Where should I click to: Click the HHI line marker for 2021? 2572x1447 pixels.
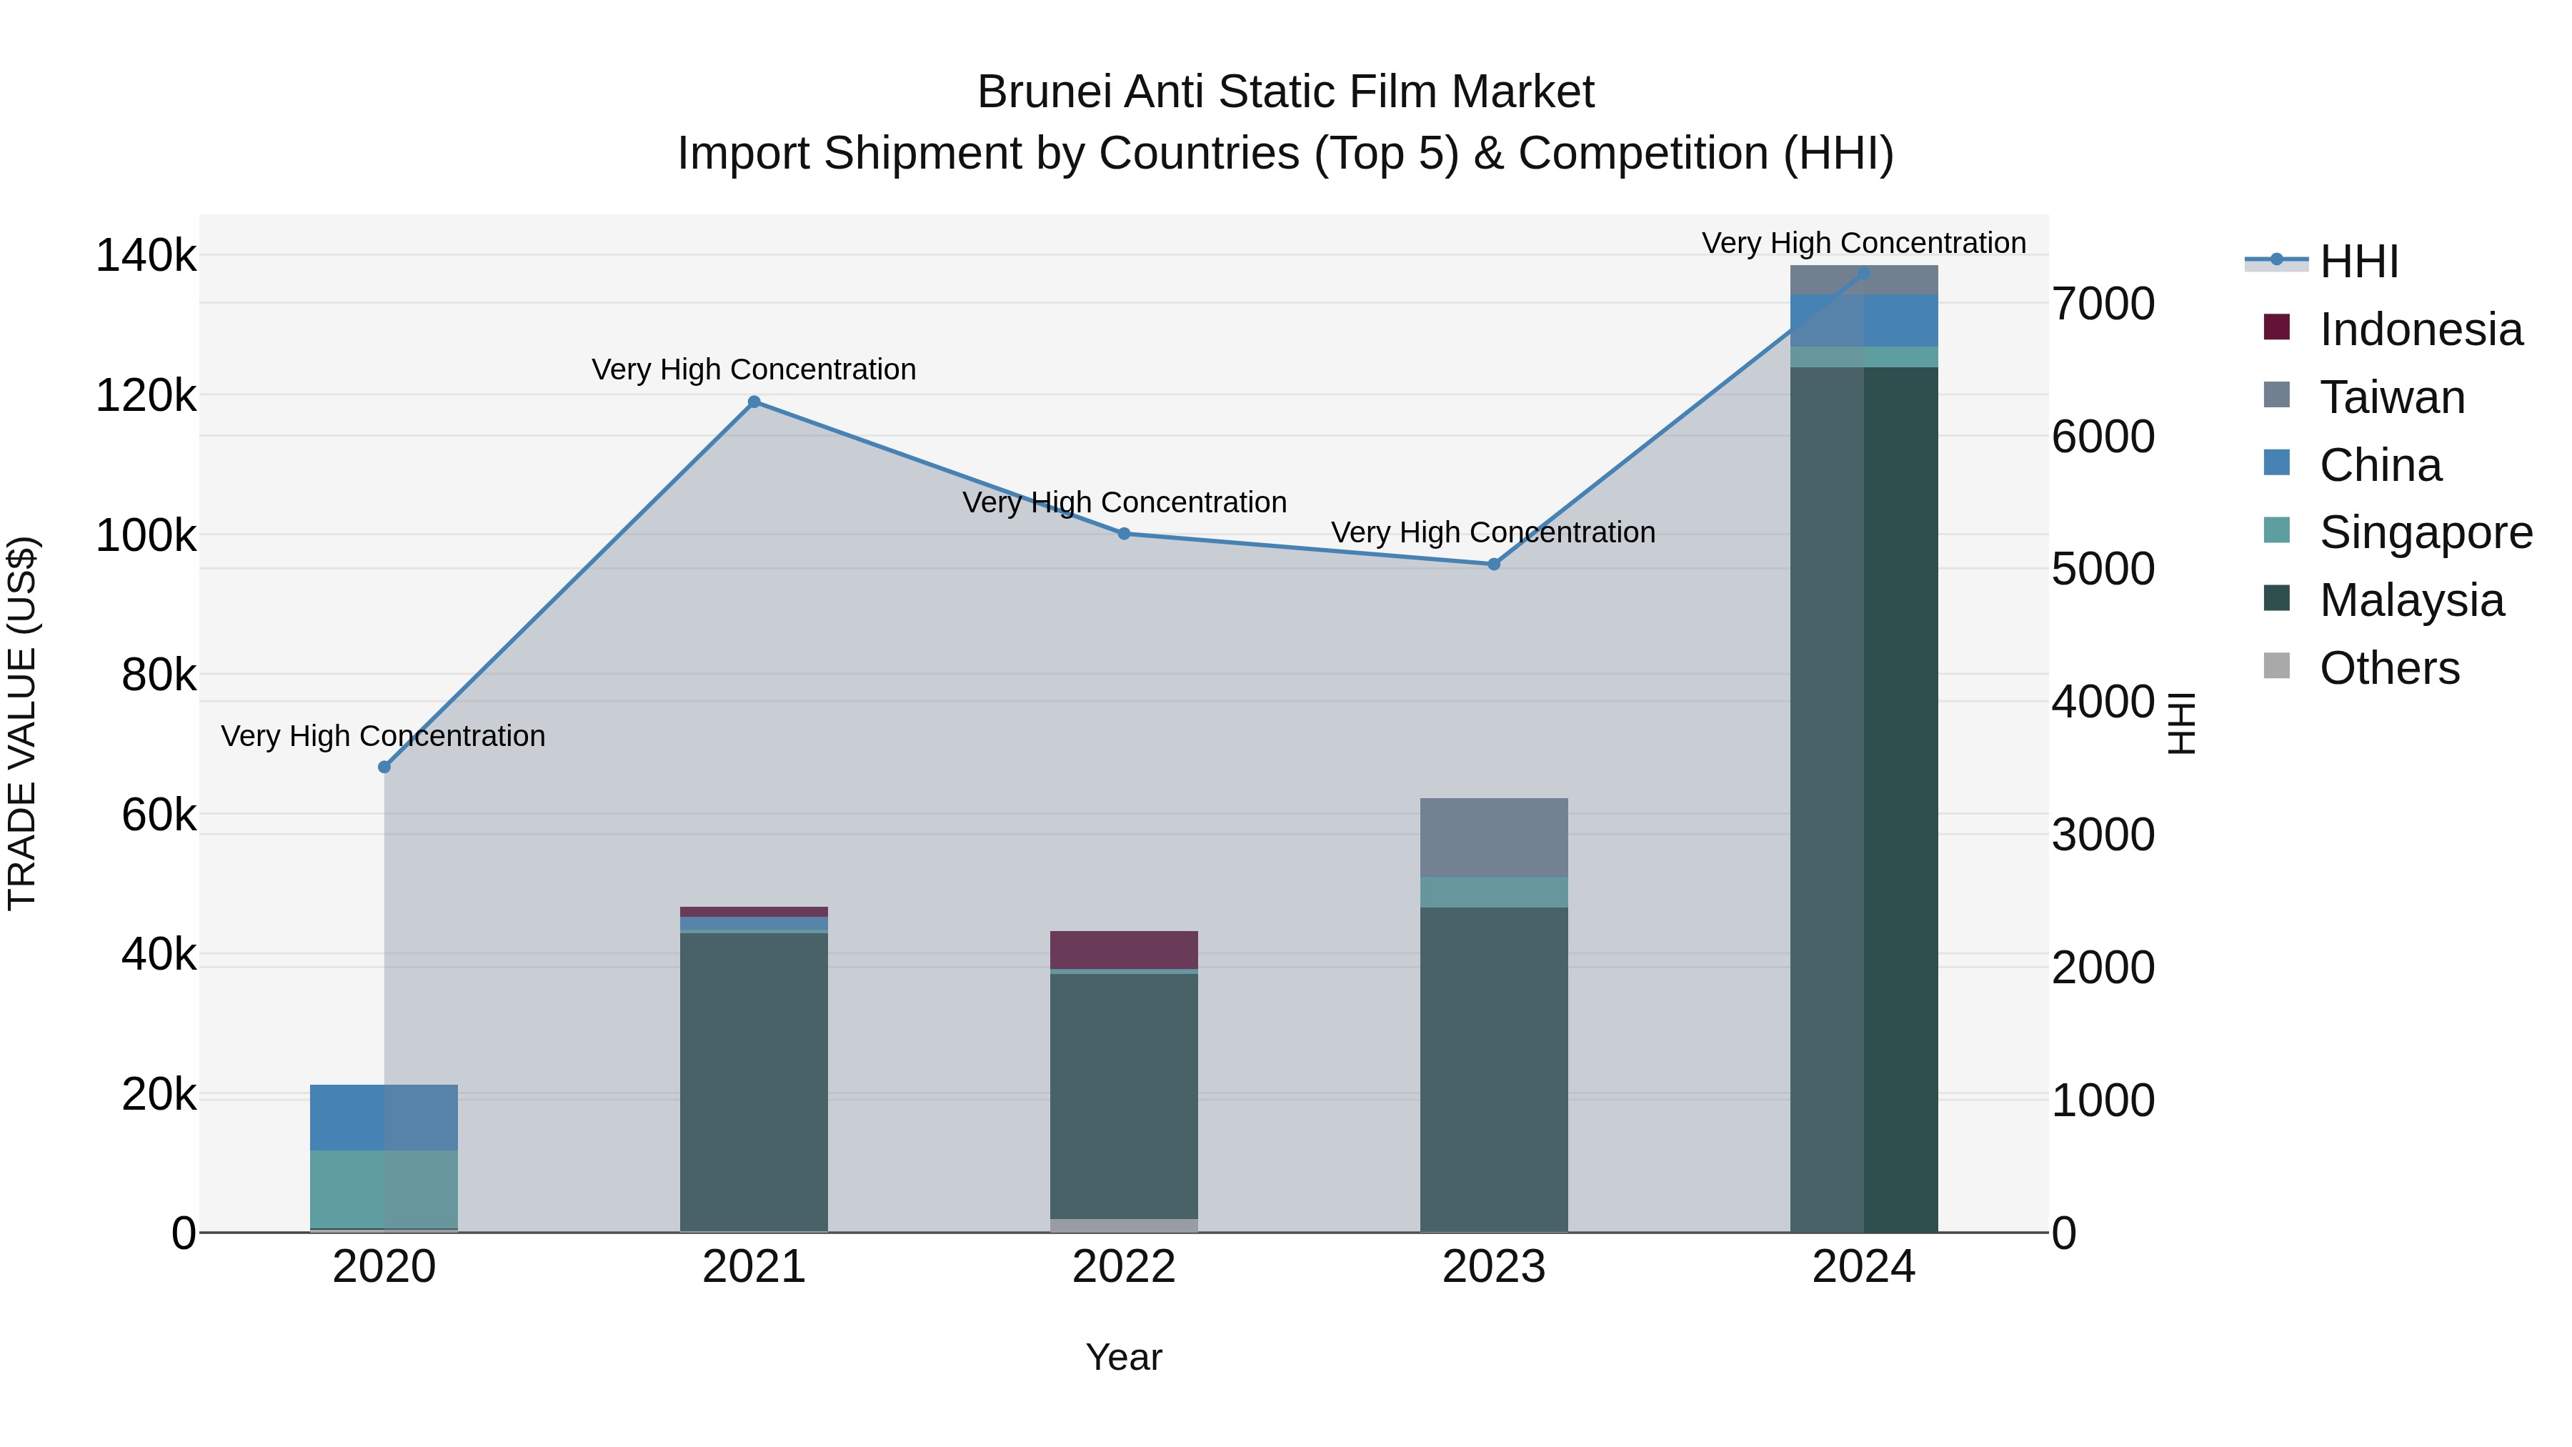click(754, 402)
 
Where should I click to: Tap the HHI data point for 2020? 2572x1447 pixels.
click(384, 767)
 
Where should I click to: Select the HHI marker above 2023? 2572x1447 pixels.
click(1494, 565)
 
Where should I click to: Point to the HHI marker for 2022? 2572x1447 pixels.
click(1125, 534)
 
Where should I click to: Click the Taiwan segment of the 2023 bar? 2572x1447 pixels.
click(1494, 837)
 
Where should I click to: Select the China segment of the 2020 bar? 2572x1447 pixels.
click(384, 1118)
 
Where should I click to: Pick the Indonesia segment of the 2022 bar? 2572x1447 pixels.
click(1125, 950)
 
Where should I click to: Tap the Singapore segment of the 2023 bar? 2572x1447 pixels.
click(1494, 892)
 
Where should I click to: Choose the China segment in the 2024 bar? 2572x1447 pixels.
click(1863, 321)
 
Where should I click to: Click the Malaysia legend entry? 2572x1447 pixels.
click(2411, 600)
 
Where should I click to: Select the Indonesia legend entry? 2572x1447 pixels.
click(2419, 329)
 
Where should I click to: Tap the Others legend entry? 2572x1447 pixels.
click(2388, 668)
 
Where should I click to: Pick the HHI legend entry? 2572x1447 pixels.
click(2358, 262)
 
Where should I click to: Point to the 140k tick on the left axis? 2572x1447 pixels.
click(146, 256)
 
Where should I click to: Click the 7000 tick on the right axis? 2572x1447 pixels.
click(2103, 304)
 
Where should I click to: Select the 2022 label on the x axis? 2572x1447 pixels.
click(1125, 1267)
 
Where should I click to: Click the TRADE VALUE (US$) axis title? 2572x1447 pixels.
click(22, 723)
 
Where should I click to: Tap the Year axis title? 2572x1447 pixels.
click(1125, 1357)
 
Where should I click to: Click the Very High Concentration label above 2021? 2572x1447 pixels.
click(754, 369)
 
